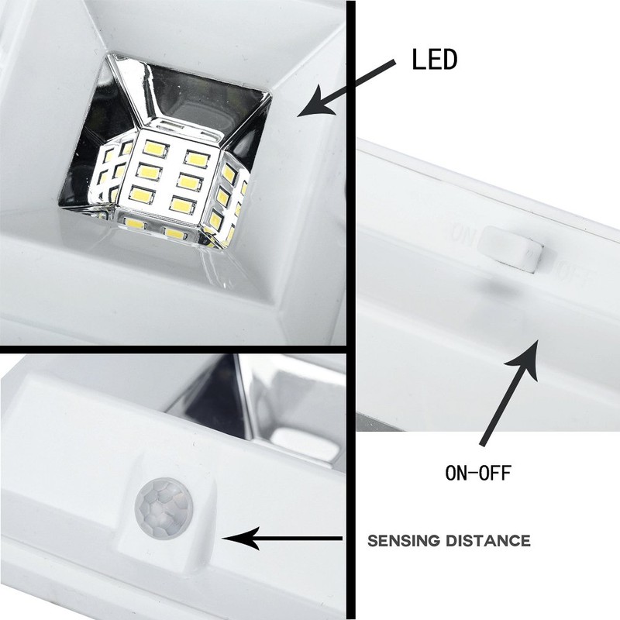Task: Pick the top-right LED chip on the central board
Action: (196, 159)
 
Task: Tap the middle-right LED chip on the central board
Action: (189, 181)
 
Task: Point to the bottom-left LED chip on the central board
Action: (141, 195)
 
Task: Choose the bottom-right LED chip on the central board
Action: (182, 205)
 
